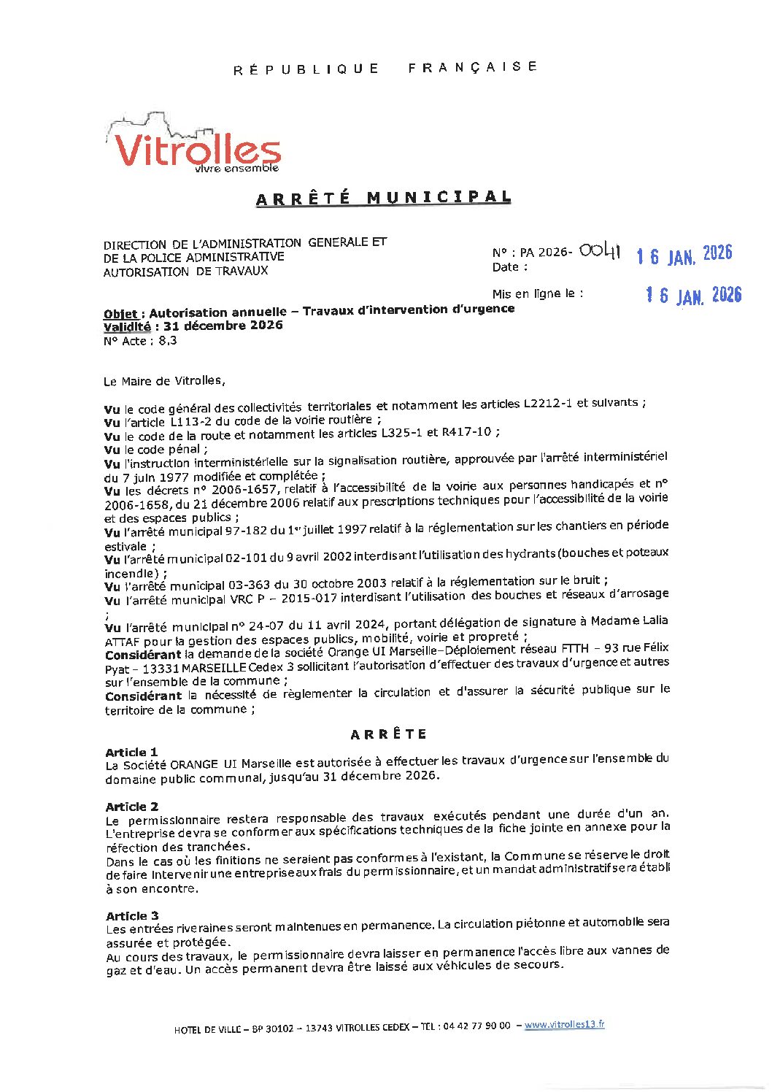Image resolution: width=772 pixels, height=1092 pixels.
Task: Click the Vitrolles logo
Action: (196, 146)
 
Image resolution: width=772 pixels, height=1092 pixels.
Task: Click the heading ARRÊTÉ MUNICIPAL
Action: (383, 199)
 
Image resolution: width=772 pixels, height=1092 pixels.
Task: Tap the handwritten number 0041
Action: (600, 251)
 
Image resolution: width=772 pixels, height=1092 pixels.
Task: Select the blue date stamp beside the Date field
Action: (684, 255)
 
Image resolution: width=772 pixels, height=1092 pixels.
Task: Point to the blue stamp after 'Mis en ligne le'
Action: (693, 295)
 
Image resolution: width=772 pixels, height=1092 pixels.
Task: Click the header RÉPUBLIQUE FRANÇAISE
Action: (385, 68)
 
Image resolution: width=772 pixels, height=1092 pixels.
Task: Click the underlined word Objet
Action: (121, 315)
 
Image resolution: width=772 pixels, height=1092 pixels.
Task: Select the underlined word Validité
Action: (127, 327)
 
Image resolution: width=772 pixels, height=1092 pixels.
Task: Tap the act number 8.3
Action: (168, 340)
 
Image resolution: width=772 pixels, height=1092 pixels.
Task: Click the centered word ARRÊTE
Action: (389, 734)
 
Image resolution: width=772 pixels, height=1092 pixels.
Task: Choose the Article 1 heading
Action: (131, 753)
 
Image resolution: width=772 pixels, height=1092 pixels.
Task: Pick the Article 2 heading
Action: (132, 807)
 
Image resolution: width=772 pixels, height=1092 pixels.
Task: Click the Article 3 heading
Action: (132, 916)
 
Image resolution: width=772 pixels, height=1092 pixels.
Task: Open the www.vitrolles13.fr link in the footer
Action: (564, 1025)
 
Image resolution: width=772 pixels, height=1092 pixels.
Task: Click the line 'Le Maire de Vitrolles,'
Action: (165, 381)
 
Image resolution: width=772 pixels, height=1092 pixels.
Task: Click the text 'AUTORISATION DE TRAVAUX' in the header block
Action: (185, 272)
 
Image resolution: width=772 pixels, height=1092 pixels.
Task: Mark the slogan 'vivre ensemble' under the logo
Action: (237, 169)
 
